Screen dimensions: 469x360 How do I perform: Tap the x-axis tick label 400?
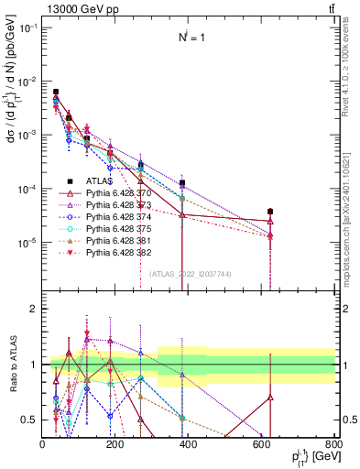pos(189,444)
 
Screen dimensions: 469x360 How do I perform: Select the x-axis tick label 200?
pos(115,444)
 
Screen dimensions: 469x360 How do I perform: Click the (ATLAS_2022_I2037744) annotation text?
pos(188,273)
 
